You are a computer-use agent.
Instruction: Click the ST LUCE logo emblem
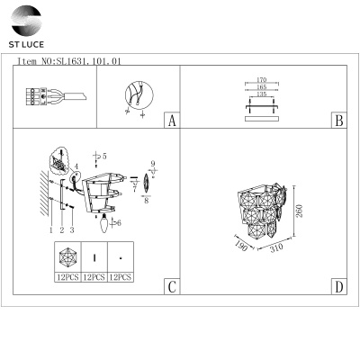26,21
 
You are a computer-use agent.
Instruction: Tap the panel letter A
172,121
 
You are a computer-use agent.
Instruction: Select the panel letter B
339,121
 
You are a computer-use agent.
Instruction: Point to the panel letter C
172,287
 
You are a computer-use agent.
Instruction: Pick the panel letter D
339,287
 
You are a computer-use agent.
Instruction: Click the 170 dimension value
262,80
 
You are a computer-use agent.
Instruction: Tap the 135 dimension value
262,94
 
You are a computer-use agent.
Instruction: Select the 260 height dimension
300,211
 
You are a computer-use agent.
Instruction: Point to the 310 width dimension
276,247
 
